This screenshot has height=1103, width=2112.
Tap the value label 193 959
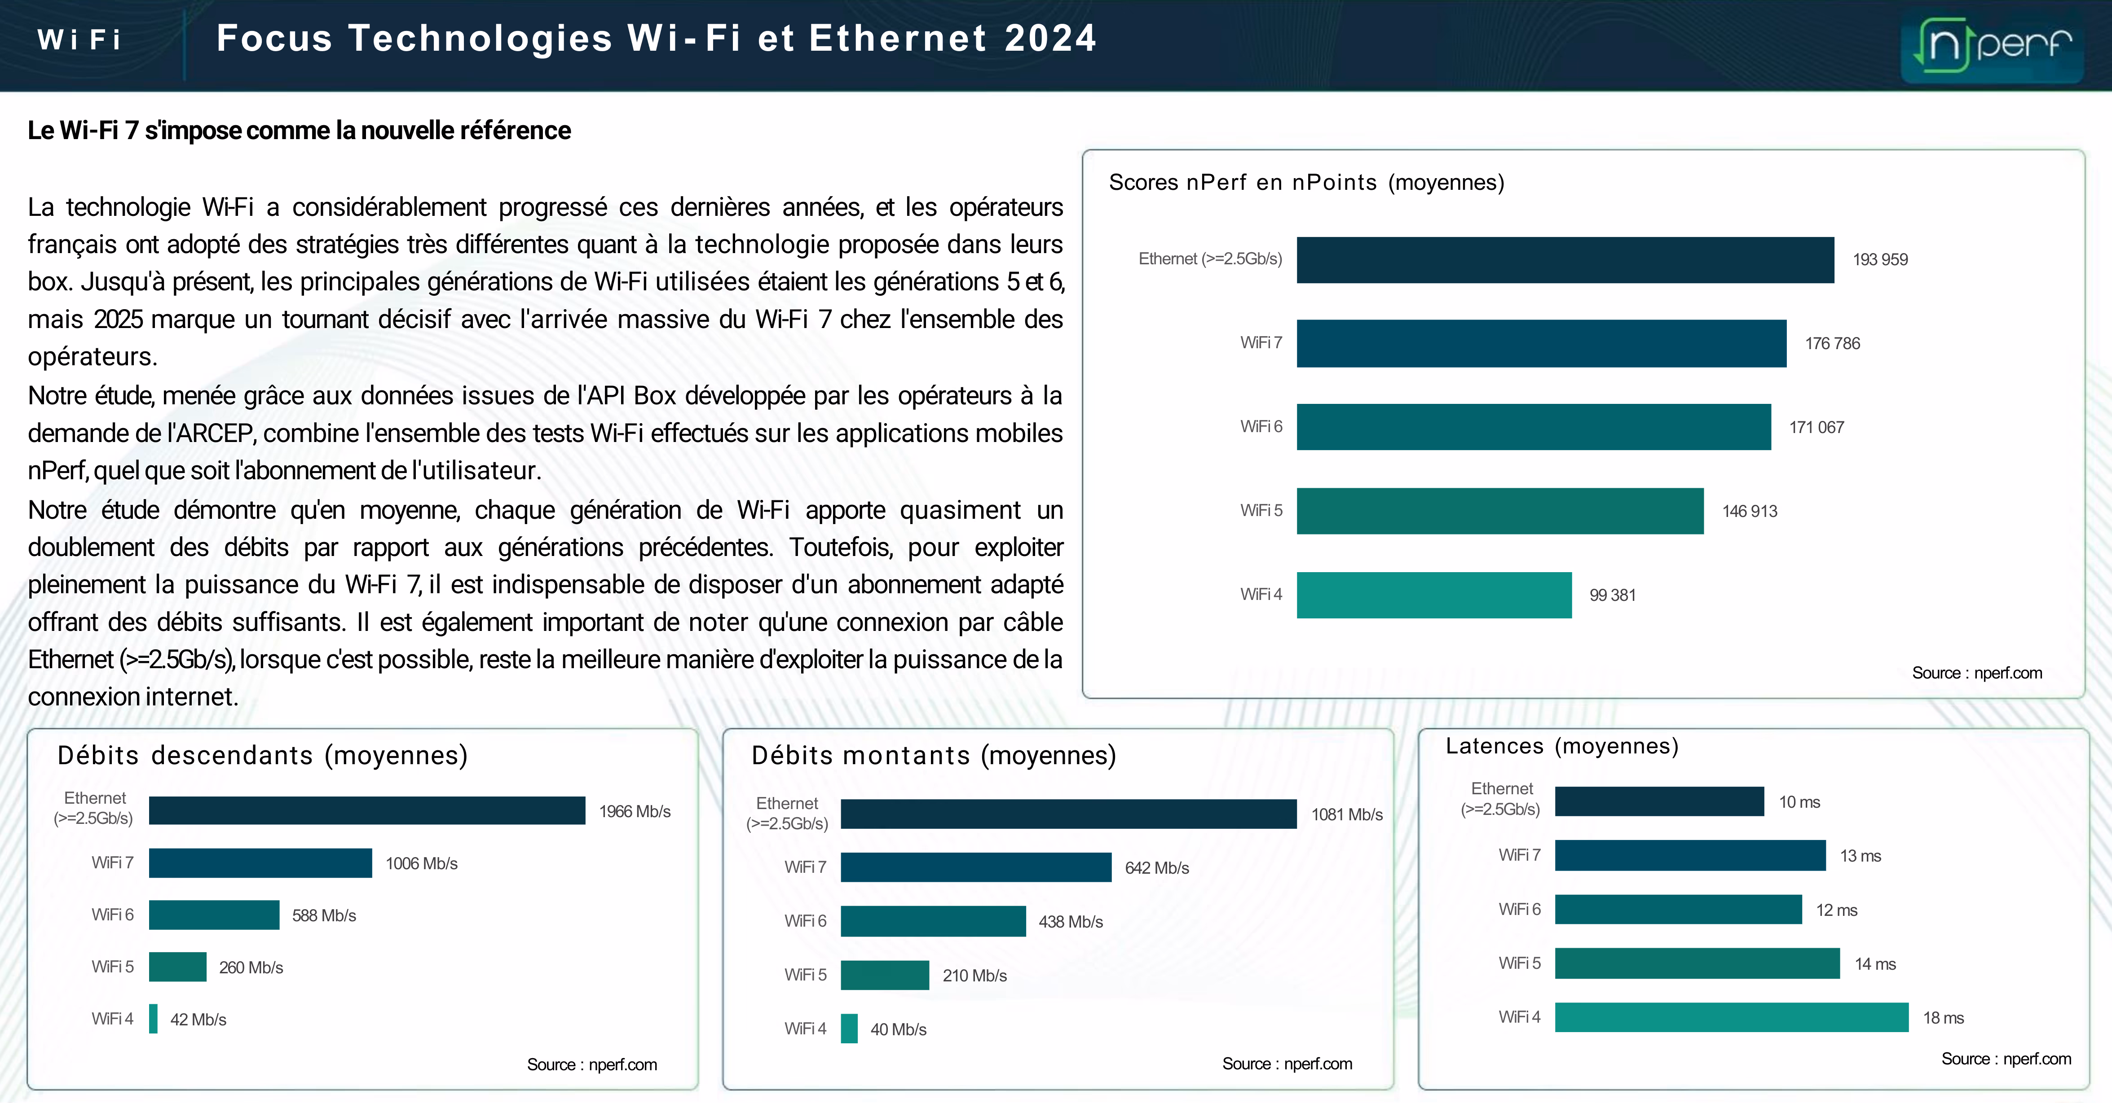coord(1880,260)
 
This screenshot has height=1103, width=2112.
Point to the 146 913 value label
coord(1750,512)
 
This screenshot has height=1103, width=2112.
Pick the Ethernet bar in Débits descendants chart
coord(366,810)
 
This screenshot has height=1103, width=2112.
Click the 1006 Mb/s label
coord(421,864)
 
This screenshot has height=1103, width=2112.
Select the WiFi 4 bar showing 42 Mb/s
coord(153,1019)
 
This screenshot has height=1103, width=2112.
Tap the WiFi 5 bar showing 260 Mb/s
coord(177,967)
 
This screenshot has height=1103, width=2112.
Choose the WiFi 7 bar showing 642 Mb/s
coord(976,867)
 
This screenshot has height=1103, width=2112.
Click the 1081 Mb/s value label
coord(1346,814)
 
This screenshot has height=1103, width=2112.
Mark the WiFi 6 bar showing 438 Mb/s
coord(933,921)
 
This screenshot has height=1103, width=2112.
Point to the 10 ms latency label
coord(1799,802)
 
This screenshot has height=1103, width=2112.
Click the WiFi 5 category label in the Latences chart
coord(1519,964)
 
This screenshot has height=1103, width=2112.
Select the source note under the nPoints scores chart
coord(1977,673)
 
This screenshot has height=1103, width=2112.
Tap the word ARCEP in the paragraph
coord(214,433)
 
